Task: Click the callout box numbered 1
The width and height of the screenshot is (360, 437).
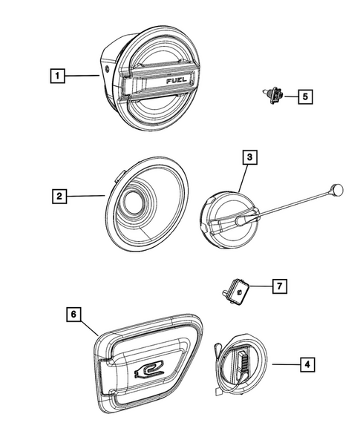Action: click(x=56, y=75)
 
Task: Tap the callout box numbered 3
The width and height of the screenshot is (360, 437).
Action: click(x=250, y=157)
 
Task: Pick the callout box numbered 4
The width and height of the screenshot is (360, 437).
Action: click(x=306, y=364)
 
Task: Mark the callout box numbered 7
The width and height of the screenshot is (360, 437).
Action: click(x=278, y=286)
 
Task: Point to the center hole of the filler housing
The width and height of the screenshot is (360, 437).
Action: click(x=136, y=201)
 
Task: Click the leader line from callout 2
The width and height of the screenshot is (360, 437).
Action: click(x=88, y=197)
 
